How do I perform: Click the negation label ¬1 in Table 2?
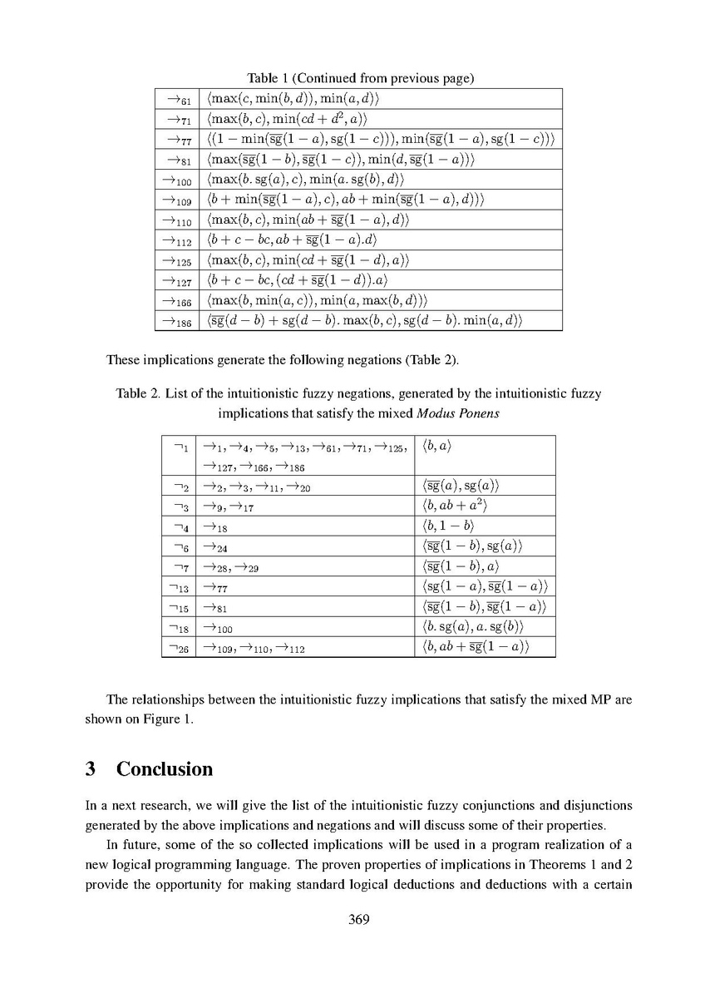pyautogui.click(x=179, y=447)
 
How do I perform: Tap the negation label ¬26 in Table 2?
pyautogui.click(x=179, y=646)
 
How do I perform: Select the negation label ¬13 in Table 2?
pyautogui.click(x=179, y=586)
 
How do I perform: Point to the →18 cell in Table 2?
pyautogui.click(x=216, y=526)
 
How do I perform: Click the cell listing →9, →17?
pyautogui.click(x=228, y=506)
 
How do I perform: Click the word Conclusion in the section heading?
pyautogui.click(x=165, y=768)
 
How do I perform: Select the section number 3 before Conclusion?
pyautogui.click(x=91, y=768)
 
